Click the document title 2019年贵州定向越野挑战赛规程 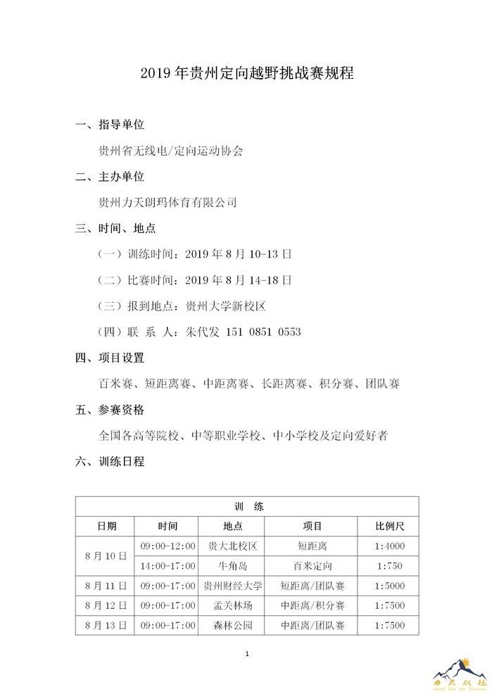(246, 73)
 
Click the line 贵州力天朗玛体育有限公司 (168, 202)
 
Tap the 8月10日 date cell (106, 555)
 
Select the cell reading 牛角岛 (232, 565)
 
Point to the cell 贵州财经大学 (232, 585)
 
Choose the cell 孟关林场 (232, 605)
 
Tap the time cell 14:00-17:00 (167, 565)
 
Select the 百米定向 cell (312, 565)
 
